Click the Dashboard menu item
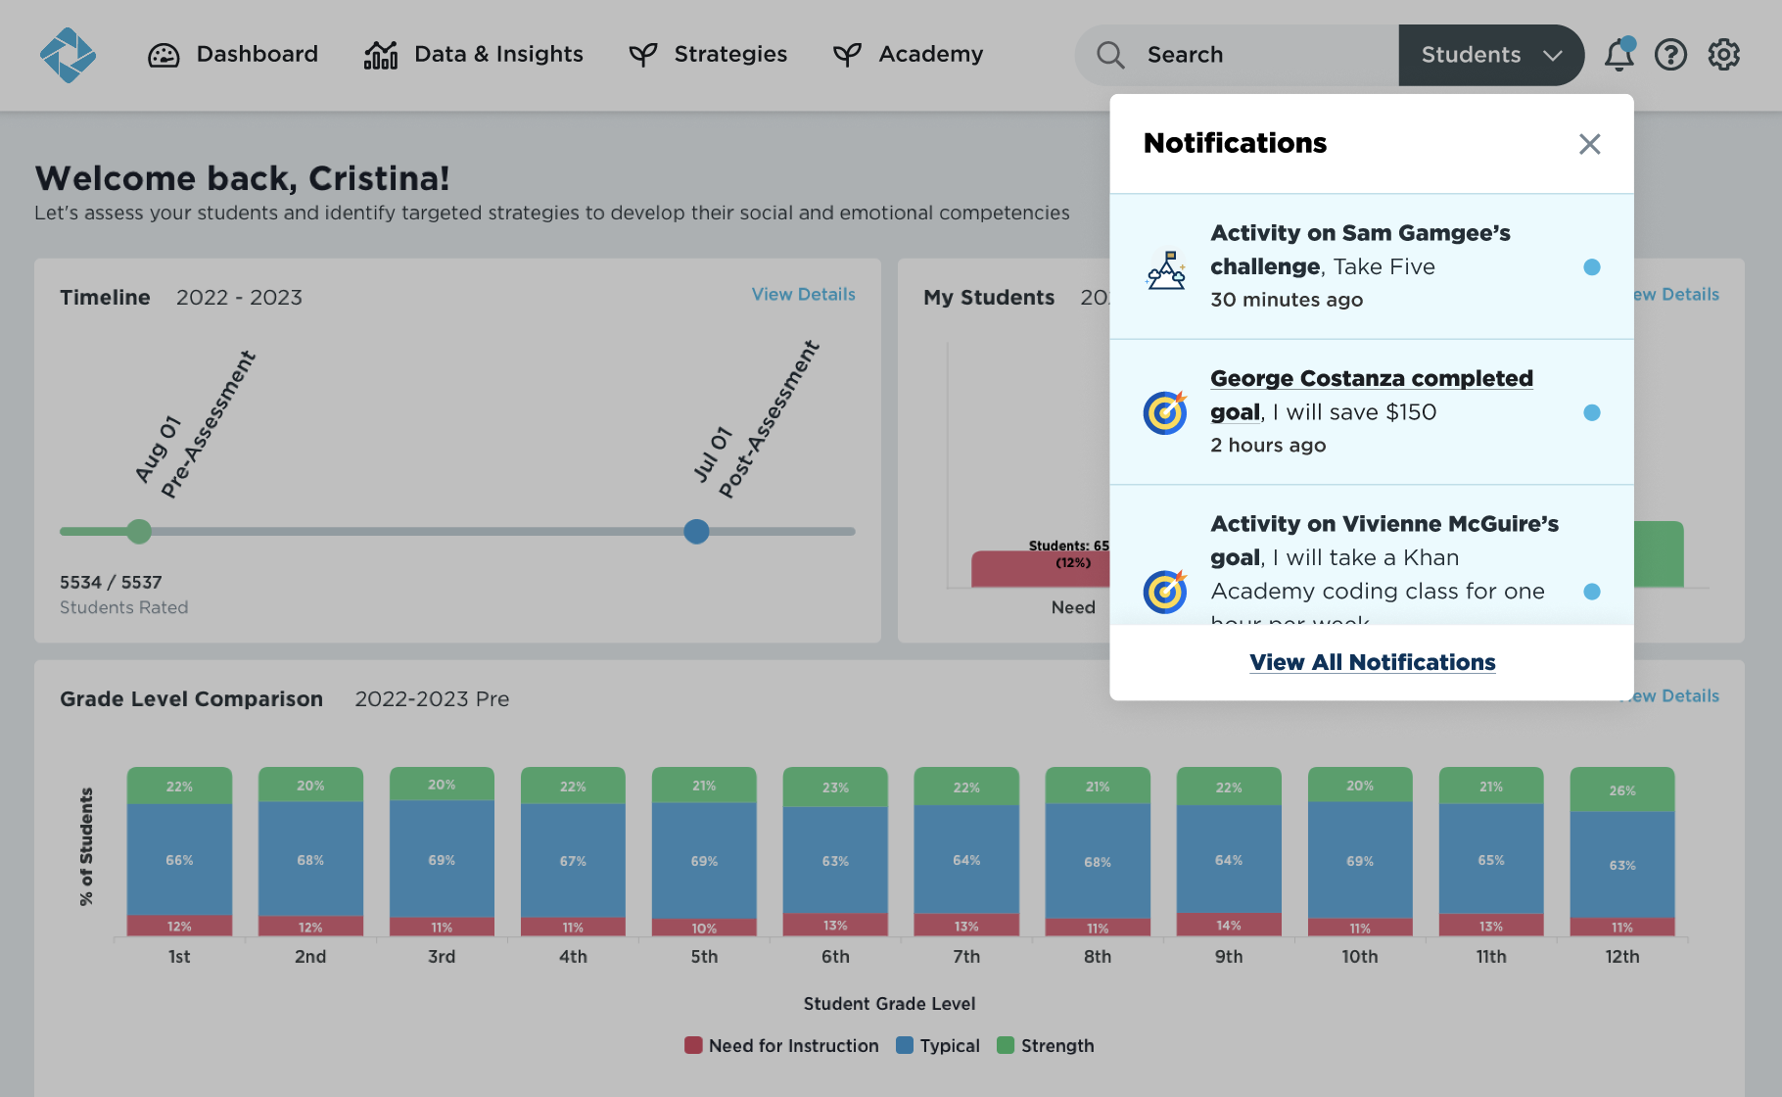coord(233,55)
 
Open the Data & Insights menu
coord(474,55)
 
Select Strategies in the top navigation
coord(708,55)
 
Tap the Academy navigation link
coord(908,55)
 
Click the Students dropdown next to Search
coord(1490,55)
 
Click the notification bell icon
coord(1618,55)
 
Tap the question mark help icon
coord(1670,55)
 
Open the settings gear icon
coord(1723,55)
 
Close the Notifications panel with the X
coord(1589,144)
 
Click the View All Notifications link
coord(1372,662)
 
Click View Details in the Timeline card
coord(803,294)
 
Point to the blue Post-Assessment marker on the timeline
coord(696,532)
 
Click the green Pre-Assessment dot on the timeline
coord(139,532)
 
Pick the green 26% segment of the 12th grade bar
coord(1621,789)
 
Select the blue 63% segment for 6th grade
coord(835,860)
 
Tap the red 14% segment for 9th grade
coord(1228,925)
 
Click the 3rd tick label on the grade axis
coord(442,956)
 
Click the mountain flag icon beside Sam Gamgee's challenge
coord(1165,269)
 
